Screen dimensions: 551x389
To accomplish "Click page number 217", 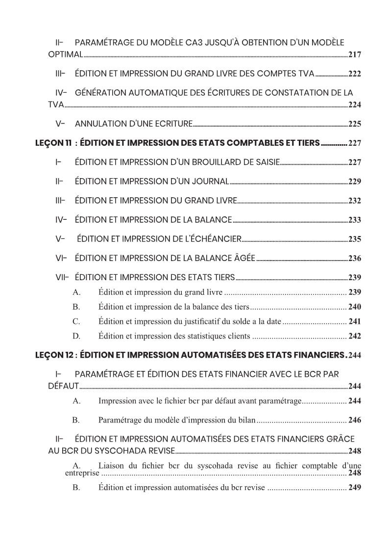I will click(x=354, y=54).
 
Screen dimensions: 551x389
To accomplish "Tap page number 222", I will click(x=354, y=74).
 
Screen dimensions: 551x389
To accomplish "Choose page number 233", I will click(x=354, y=220).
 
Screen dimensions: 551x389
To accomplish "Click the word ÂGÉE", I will click(x=243, y=258).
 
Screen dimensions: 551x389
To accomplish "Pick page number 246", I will click(x=354, y=420).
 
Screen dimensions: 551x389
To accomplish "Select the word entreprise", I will click(x=82, y=473).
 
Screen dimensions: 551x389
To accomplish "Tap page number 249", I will click(x=354, y=488).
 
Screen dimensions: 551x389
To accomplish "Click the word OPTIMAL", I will click(x=65, y=54).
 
